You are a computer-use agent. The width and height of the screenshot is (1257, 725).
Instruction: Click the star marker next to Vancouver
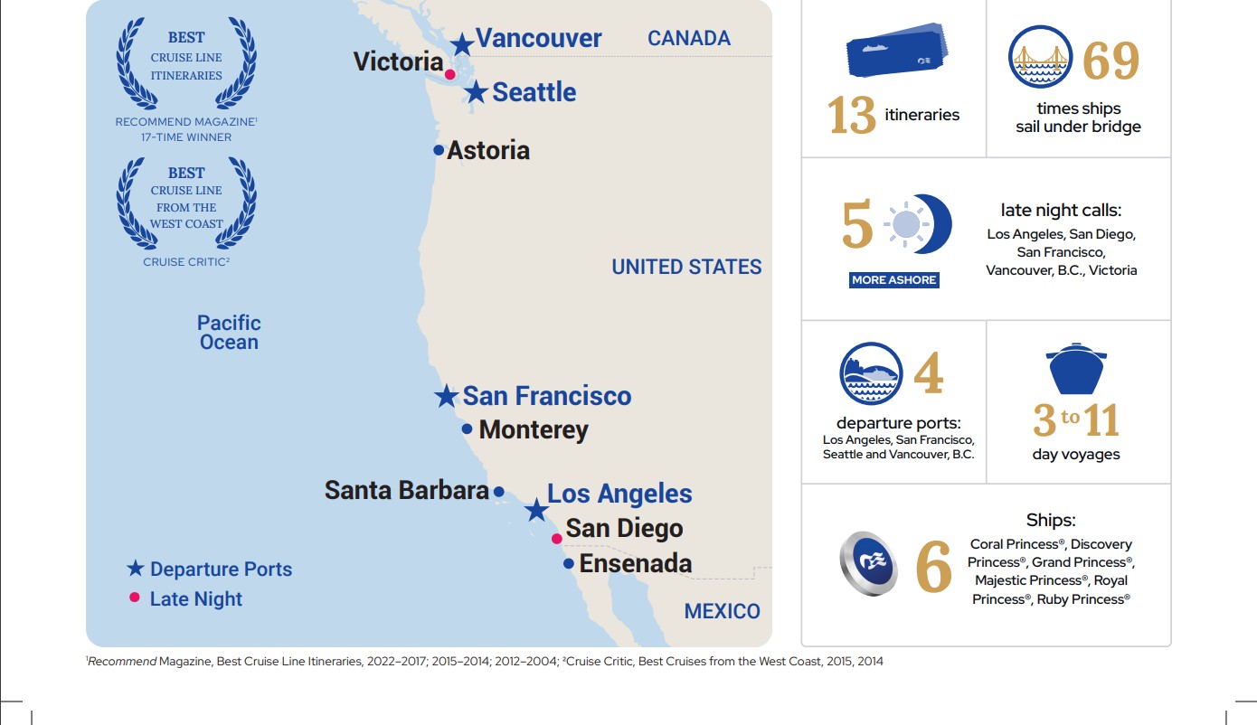tap(462, 43)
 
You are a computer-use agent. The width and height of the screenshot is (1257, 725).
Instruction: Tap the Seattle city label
tap(534, 92)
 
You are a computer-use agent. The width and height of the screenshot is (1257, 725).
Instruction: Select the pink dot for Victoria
tap(450, 73)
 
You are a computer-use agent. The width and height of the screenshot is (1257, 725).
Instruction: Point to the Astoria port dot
tap(439, 150)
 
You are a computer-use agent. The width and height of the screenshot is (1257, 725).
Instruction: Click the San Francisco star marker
tap(446, 397)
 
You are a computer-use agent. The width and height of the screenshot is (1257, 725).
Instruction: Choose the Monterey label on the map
tap(534, 429)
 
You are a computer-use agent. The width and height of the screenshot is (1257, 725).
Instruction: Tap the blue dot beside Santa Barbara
tap(498, 491)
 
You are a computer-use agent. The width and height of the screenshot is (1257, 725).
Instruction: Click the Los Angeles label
tap(619, 494)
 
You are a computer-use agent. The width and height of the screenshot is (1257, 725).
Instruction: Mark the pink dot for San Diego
tap(557, 539)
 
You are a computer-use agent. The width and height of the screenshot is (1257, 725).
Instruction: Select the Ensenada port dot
tap(568, 563)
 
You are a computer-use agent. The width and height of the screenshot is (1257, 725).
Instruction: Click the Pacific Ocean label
tap(229, 333)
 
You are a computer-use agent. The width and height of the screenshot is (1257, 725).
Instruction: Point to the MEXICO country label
tap(722, 611)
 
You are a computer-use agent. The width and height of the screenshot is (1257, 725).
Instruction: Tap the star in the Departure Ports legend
tap(136, 569)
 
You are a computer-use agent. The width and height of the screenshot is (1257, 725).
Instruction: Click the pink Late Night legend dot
tap(135, 597)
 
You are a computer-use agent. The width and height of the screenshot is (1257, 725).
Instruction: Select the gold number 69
tap(1111, 61)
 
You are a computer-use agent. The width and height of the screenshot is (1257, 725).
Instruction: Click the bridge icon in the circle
tap(1040, 57)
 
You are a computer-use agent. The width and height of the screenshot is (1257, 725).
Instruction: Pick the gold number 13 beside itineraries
tap(851, 116)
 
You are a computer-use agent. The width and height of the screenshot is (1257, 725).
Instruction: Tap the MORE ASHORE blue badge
tap(893, 280)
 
